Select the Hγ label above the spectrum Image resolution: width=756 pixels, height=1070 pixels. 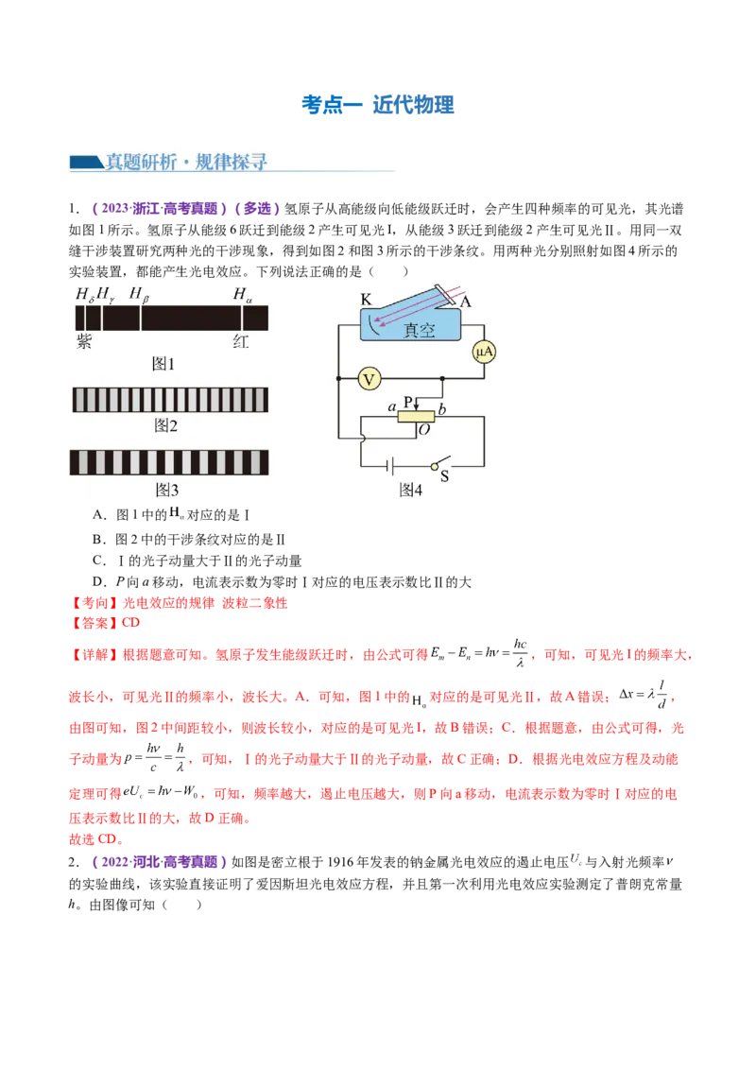coord(107,295)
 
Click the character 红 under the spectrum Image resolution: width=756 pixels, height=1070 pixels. coord(241,341)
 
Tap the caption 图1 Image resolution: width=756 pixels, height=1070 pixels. coord(164,364)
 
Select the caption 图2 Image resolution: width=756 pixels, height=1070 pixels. coord(166,426)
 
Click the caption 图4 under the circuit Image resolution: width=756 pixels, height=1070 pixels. coord(410,490)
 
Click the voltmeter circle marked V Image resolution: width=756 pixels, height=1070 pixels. coord(369,379)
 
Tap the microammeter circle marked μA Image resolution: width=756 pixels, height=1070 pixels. coord(485,352)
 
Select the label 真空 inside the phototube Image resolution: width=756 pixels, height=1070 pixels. coord(420,330)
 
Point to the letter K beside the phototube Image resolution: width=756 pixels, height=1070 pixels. coord(366,300)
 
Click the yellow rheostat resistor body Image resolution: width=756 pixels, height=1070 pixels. coord(416,416)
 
